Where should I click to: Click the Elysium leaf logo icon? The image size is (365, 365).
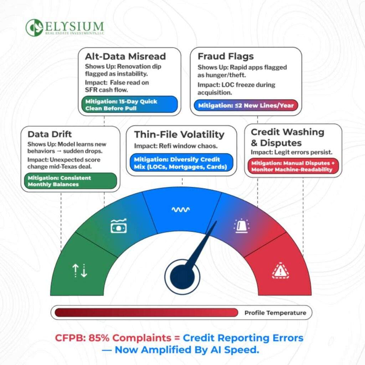34,28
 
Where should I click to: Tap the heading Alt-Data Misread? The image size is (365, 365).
125,56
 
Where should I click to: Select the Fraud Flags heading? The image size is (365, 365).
226,56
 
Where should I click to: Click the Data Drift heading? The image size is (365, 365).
50,134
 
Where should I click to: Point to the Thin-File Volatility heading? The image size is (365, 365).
179,134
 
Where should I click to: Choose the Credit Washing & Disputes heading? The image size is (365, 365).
287,137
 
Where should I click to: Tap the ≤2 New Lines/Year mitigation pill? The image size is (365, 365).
246,106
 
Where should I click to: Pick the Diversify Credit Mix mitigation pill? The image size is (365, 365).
181,163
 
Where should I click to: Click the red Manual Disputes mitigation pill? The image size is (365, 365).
293,166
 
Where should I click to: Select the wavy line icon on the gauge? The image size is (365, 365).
180,210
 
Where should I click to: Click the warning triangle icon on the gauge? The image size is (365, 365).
280,271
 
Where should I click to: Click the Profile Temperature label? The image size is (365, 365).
275,313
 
